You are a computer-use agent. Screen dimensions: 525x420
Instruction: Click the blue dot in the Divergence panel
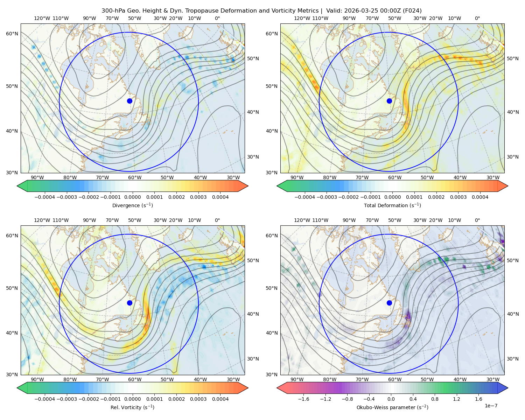click(x=129, y=101)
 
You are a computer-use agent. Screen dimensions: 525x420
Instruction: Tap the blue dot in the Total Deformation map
click(x=389, y=101)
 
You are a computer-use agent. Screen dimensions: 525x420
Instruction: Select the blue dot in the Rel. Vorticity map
click(x=129, y=303)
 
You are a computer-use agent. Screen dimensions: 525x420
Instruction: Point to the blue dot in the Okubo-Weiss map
click(x=389, y=303)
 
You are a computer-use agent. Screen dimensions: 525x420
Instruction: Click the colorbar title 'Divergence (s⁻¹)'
click(x=132, y=205)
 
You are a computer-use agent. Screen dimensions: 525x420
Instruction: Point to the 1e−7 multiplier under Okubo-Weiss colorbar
click(x=491, y=406)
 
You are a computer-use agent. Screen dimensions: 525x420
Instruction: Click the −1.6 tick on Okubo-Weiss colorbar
click(x=303, y=399)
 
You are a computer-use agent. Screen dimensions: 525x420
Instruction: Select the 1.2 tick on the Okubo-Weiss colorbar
click(x=456, y=399)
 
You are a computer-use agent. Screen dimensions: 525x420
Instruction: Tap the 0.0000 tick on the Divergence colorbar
click(x=132, y=197)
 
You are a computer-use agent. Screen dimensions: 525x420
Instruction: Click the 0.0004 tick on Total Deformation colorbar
click(x=480, y=197)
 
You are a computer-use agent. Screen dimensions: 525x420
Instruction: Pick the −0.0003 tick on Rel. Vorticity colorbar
click(x=66, y=399)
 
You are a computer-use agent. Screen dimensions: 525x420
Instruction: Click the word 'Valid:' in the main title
click(x=334, y=11)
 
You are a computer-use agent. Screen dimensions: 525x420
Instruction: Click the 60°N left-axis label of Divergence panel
click(x=12, y=34)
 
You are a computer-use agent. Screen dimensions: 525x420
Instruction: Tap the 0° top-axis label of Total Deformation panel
click(x=477, y=18)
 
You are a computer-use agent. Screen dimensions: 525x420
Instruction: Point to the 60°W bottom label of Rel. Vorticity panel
click(x=135, y=379)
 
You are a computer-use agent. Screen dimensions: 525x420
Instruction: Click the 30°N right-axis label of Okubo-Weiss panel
click(x=513, y=359)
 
